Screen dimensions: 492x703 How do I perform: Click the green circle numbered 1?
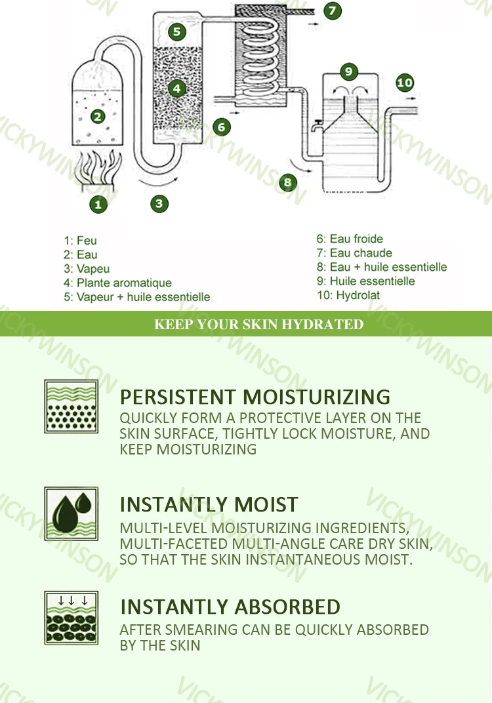coord(98,205)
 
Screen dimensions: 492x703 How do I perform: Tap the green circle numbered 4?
coord(176,89)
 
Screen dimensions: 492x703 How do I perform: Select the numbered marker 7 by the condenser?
coord(332,10)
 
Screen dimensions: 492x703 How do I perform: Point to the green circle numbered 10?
coord(405,83)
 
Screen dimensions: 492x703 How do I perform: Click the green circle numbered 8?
coord(287,182)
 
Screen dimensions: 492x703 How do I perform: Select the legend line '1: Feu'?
coord(80,241)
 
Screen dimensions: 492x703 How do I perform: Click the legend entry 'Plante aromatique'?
coord(124,283)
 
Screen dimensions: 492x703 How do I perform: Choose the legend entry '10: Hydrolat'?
coord(348,296)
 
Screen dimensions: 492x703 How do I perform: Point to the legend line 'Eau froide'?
coord(357,239)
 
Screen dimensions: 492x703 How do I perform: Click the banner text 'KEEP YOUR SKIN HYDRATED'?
coord(258,324)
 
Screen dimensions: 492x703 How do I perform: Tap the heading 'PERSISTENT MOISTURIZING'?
coord(255,397)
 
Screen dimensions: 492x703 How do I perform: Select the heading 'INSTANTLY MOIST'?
coord(209,504)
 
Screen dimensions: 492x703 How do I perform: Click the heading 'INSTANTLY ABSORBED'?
coord(230,607)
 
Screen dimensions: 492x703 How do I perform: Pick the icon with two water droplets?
coord(72,513)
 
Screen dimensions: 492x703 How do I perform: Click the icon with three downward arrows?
coord(72,618)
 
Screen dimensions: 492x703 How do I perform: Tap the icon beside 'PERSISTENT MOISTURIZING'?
coord(72,407)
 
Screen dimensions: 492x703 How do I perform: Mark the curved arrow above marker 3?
coord(159,183)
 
